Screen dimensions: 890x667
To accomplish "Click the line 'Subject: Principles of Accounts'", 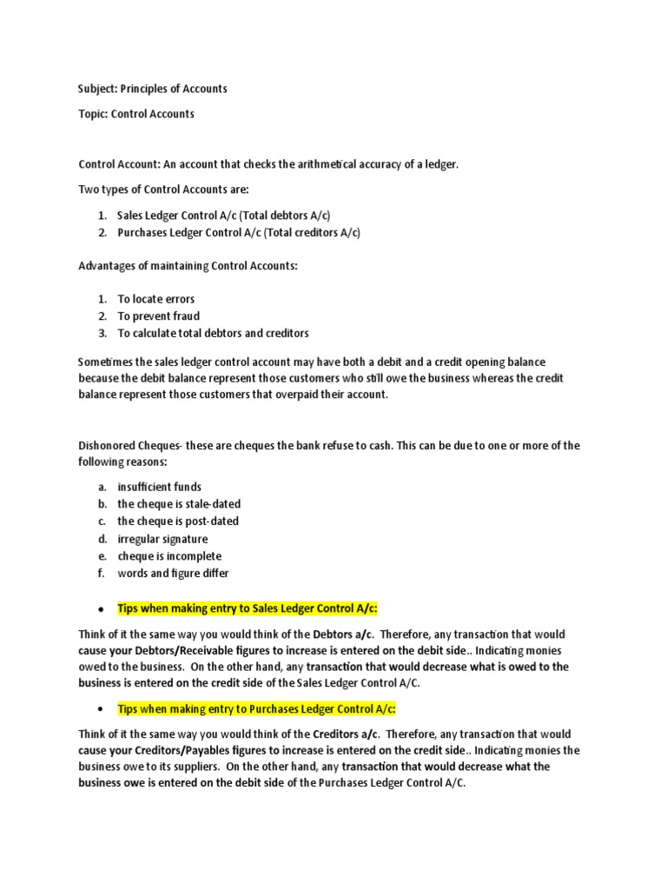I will (153, 89).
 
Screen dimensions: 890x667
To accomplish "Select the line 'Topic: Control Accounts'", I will (136, 114).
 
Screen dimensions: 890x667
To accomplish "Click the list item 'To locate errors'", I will (156, 299).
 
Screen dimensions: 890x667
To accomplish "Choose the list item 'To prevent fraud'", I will (159, 316).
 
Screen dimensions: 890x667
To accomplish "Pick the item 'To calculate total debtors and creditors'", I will (213, 333).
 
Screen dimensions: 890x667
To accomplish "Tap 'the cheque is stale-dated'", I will (179, 504).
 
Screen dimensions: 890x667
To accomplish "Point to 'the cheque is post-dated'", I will (178, 521).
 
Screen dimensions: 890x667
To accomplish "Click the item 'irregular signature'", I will (162, 539).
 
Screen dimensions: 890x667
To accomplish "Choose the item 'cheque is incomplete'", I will (169, 556).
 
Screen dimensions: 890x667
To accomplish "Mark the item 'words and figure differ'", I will (173, 574).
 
